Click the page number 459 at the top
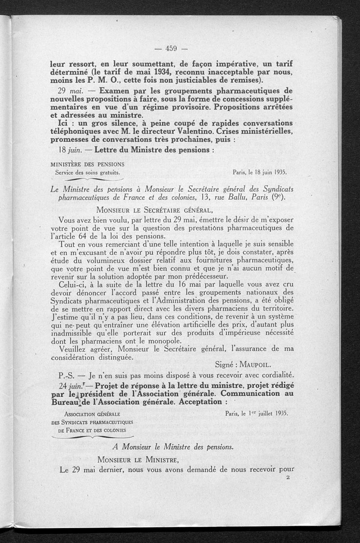pos(170,50)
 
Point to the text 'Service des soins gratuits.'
pos(88,172)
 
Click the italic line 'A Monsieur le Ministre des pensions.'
pos(173,447)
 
